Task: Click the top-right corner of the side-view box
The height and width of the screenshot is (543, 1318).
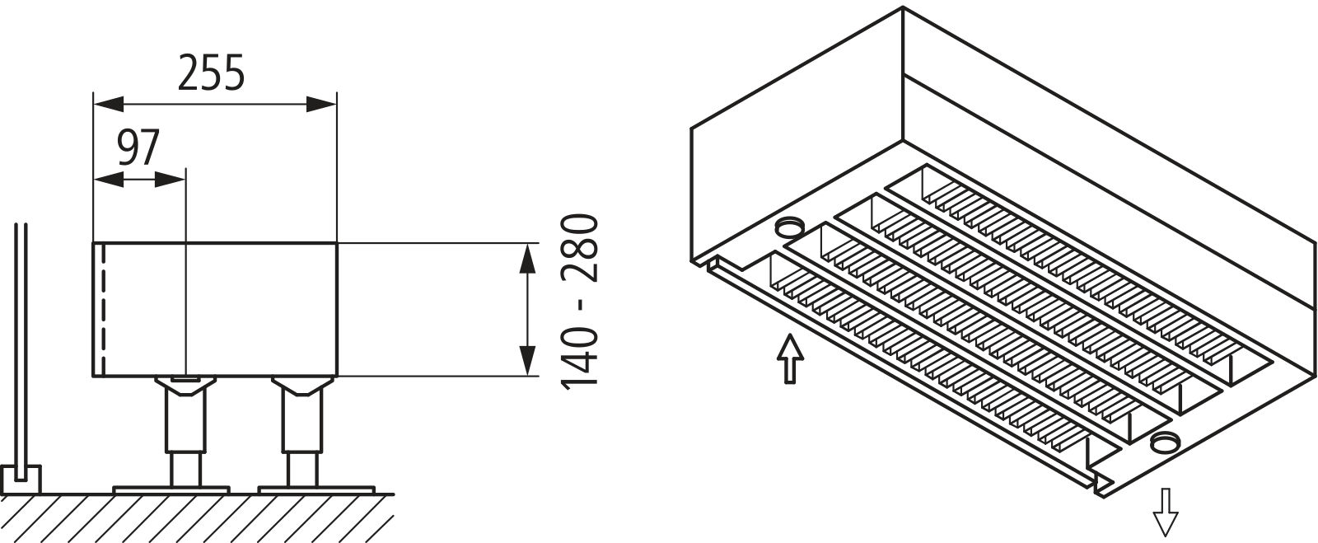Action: pos(337,242)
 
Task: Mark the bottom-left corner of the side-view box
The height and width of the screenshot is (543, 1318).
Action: pos(94,376)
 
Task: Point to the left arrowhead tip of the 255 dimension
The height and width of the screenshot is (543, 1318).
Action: pos(94,104)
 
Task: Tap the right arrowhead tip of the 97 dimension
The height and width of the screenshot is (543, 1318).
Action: pos(185,180)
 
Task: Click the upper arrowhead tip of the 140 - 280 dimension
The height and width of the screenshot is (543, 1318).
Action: pos(527,243)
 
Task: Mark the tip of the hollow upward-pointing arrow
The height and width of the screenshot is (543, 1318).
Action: pos(790,335)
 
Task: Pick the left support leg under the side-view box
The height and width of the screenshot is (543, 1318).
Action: pos(185,431)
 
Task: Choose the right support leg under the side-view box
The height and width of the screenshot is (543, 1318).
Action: pos(302,431)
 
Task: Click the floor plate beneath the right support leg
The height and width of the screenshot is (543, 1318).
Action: pos(316,489)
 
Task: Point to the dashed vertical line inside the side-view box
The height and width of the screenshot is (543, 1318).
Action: pos(104,310)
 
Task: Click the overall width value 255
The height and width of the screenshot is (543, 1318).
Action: pos(211,73)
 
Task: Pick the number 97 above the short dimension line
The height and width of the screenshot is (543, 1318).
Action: pos(139,148)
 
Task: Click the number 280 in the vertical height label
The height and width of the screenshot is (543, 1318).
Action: pos(580,248)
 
